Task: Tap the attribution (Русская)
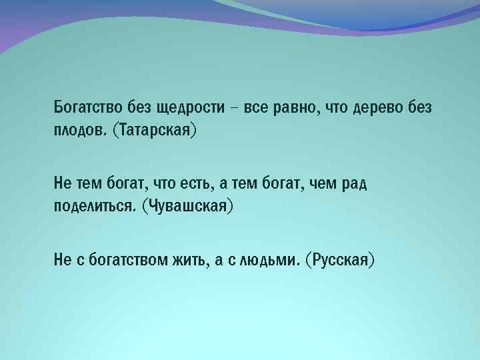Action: tap(340, 261)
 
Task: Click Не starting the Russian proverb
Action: tap(62, 261)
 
